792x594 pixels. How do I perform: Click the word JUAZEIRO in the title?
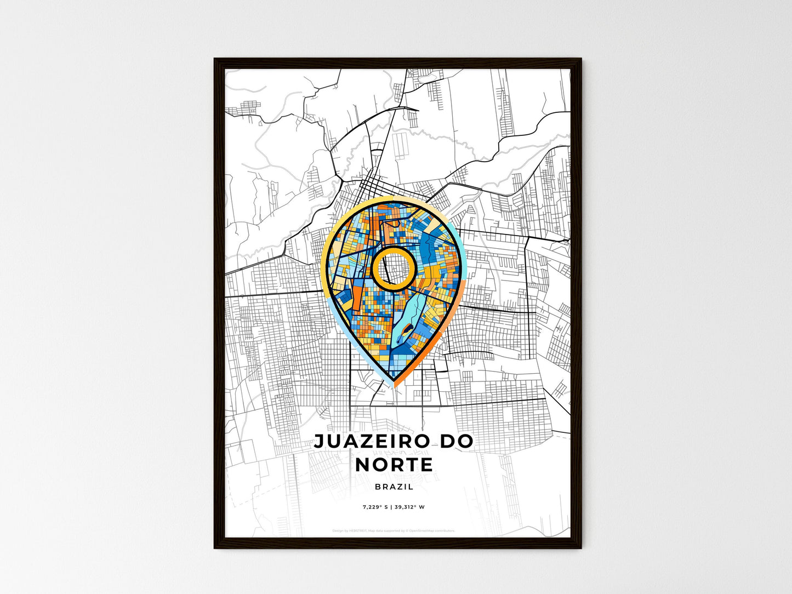pos(369,442)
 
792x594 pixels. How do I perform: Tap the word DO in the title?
pos(455,442)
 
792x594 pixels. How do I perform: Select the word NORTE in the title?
pos(394,465)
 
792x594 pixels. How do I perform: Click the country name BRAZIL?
pos(394,487)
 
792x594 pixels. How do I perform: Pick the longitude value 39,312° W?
pos(409,507)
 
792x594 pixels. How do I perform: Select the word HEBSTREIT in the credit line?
pos(360,530)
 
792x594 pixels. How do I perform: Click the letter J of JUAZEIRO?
pos(318,442)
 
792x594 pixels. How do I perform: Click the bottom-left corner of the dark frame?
pos(215,547)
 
